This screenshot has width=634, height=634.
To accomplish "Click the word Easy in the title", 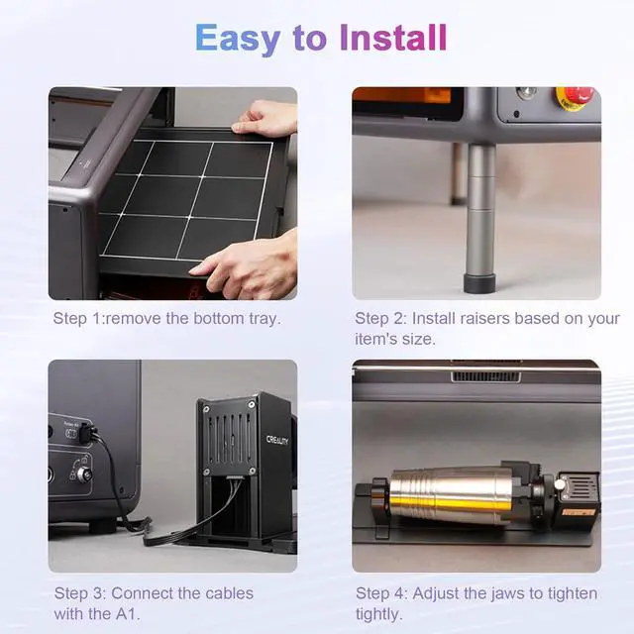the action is click(x=238, y=39).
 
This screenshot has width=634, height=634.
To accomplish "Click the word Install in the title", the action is click(x=393, y=38).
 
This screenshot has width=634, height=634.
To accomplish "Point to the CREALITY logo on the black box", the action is click(x=277, y=440).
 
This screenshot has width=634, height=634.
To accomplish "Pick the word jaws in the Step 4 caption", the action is click(x=509, y=594).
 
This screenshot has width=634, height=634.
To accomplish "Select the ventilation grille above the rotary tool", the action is click(x=485, y=376).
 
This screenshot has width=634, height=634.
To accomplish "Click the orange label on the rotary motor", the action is click(x=579, y=512).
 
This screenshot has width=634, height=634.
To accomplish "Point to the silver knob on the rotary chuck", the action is click(x=560, y=484).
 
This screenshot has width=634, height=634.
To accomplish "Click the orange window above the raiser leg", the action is click(x=404, y=96).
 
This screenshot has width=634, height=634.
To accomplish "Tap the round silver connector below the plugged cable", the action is click(x=85, y=474).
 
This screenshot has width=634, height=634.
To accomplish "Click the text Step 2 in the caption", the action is click(x=379, y=319).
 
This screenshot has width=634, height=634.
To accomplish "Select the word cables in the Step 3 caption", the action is click(x=229, y=593).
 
